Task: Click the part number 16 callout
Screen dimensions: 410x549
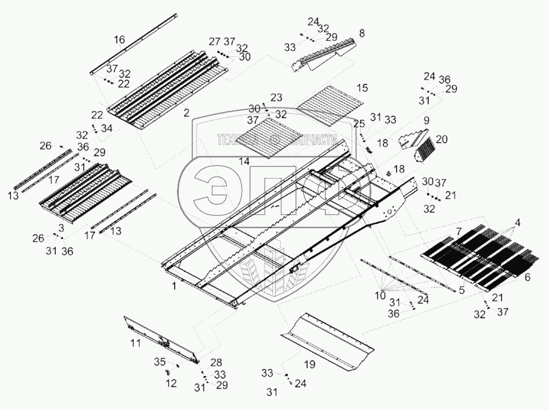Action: pyautogui.click(x=119, y=40)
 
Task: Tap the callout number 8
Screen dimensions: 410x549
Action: pyautogui.click(x=362, y=34)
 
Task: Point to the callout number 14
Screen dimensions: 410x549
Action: pyautogui.click(x=243, y=161)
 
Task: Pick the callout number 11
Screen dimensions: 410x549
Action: pyautogui.click(x=136, y=343)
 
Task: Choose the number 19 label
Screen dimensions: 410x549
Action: pyautogui.click(x=309, y=364)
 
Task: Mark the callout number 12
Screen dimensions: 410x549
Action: pyautogui.click(x=172, y=383)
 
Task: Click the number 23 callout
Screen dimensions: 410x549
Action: pyautogui.click(x=276, y=97)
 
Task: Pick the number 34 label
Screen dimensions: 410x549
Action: pyautogui.click(x=107, y=128)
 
